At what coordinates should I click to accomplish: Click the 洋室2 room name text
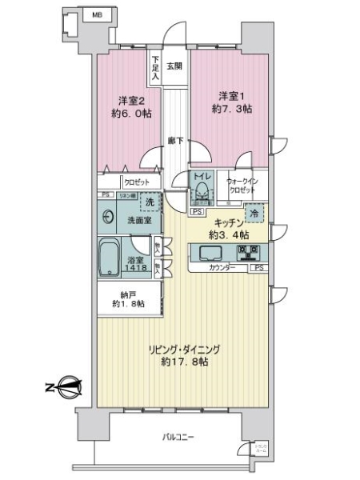(131, 100)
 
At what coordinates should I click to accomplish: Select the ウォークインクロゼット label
(241, 186)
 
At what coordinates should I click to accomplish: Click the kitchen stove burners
(253, 254)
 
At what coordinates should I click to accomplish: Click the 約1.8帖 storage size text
(128, 305)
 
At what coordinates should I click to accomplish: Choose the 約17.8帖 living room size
(183, 362)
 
